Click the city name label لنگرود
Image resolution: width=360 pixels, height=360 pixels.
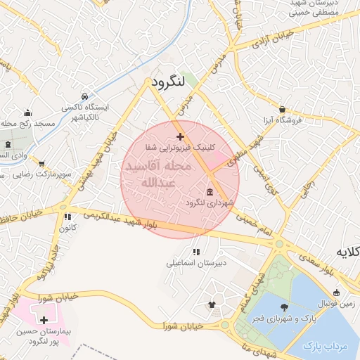pyautogui.click(x=168, y=82)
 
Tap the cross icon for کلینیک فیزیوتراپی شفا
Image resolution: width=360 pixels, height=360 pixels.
pyautogui.click(x=180, y=136)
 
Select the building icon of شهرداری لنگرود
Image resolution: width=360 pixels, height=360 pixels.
pyautogui.click(x=210, y=192)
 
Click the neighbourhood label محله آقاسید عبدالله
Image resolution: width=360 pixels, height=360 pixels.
pyautogui.click(x=156, y=175)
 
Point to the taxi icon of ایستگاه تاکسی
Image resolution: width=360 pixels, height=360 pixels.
pyautogui.click(x=84, y=96)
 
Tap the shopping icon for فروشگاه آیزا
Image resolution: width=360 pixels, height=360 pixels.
pyautogui.click(x=282, y=110)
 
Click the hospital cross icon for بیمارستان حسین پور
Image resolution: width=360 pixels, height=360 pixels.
pyautogui.click(x=44, y=320)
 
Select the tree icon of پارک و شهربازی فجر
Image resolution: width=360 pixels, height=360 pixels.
pyautogui.click(x=284, y=307)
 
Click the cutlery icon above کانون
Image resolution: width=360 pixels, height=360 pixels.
pyautogui.click(x=67, y=217)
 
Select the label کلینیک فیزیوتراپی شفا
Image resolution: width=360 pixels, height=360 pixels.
pyautogui.click(x=178, y=148)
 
